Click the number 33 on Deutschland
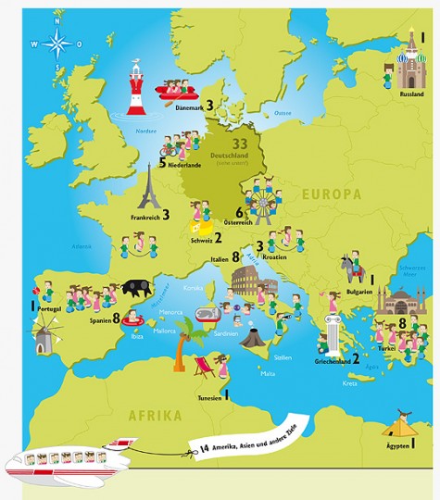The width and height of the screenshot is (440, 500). point(240,144)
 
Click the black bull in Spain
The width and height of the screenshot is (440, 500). point(135,287)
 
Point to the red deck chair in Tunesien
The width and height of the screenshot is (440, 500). point(206,369)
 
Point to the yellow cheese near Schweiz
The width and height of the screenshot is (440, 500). point(196,225)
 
